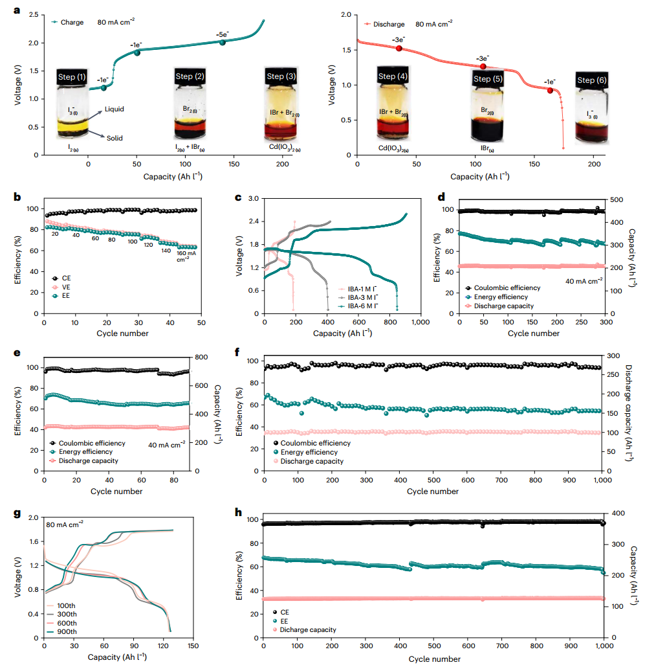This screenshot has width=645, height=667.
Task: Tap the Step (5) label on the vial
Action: pyautogui.click(x=491, y=79)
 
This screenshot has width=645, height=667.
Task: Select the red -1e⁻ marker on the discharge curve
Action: pyautogui.click(x=551, y=90)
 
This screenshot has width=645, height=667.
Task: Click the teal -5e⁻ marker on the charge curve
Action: pyautogui.click(x=223, y=42)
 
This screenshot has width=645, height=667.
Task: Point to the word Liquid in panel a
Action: pyautogui.click(x=114, y=109)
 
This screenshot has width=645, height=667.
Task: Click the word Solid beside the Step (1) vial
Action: pyautogui.click(x=114, y=138)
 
